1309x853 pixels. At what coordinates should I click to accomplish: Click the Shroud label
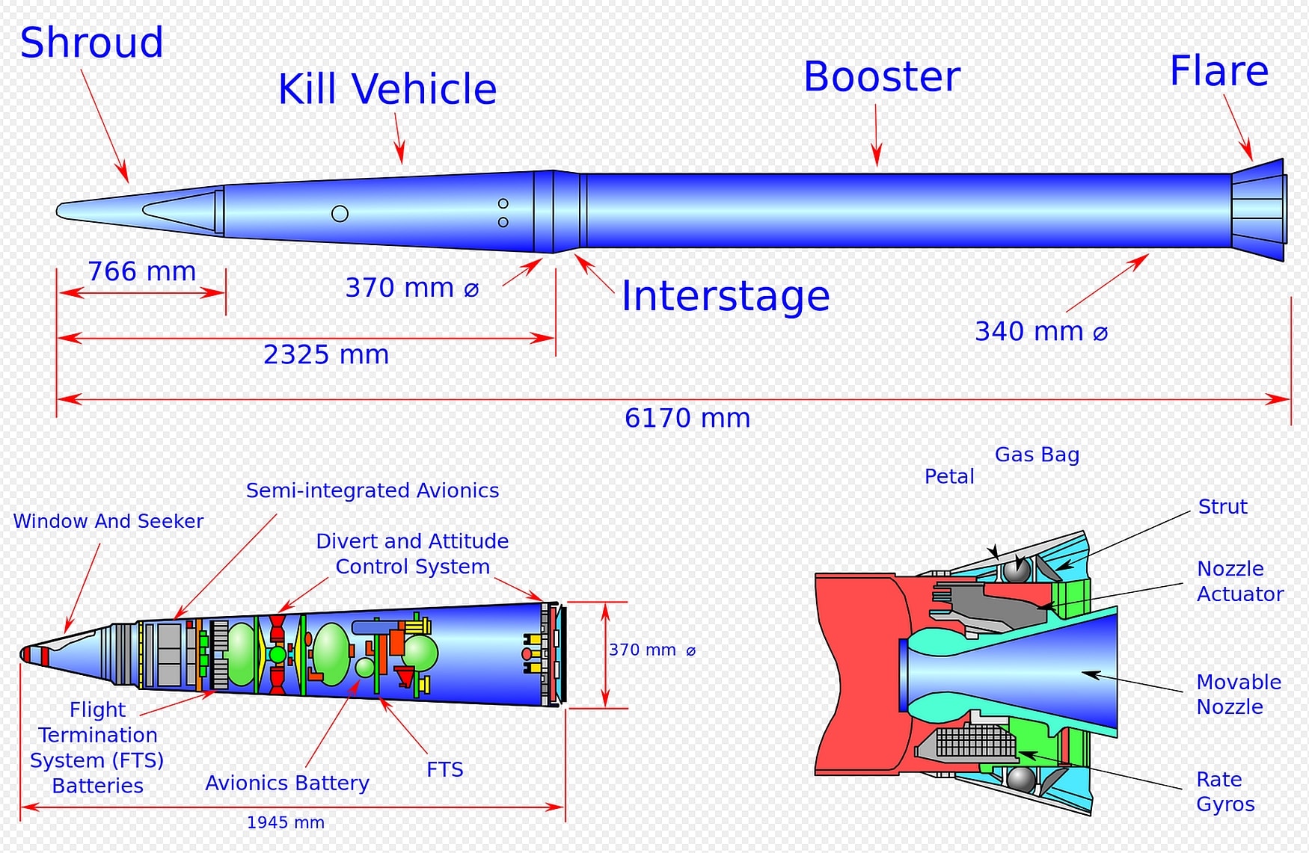(91, 43)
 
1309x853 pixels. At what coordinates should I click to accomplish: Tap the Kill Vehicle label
(387, 90)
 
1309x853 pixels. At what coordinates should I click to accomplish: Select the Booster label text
(881, 77)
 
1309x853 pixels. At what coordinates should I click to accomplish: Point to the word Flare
(1218, 72)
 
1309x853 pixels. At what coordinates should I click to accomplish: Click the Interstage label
(725, 296)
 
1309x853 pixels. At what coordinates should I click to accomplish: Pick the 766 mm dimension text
(141, 271)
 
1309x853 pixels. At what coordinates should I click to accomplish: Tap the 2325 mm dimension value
(326, 354)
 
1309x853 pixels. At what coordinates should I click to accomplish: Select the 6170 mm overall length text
(687, 418)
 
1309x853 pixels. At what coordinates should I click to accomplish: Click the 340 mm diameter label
(1040, 331)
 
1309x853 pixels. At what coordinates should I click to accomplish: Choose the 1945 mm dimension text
(285, 822)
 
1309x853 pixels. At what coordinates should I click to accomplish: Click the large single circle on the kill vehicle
(340, 214)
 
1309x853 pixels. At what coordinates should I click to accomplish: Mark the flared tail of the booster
(1258, 210)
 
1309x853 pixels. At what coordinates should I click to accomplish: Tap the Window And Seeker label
(108, 521)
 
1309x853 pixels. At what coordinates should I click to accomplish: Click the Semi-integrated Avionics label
(372, 490)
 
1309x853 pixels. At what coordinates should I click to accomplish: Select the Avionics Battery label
(287, 783)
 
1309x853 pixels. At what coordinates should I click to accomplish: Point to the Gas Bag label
(1037, 455)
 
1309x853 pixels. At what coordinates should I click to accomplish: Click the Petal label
(949, 476)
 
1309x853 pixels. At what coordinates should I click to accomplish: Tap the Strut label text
(1222, 507)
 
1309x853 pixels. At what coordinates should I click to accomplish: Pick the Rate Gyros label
(1225, 792)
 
